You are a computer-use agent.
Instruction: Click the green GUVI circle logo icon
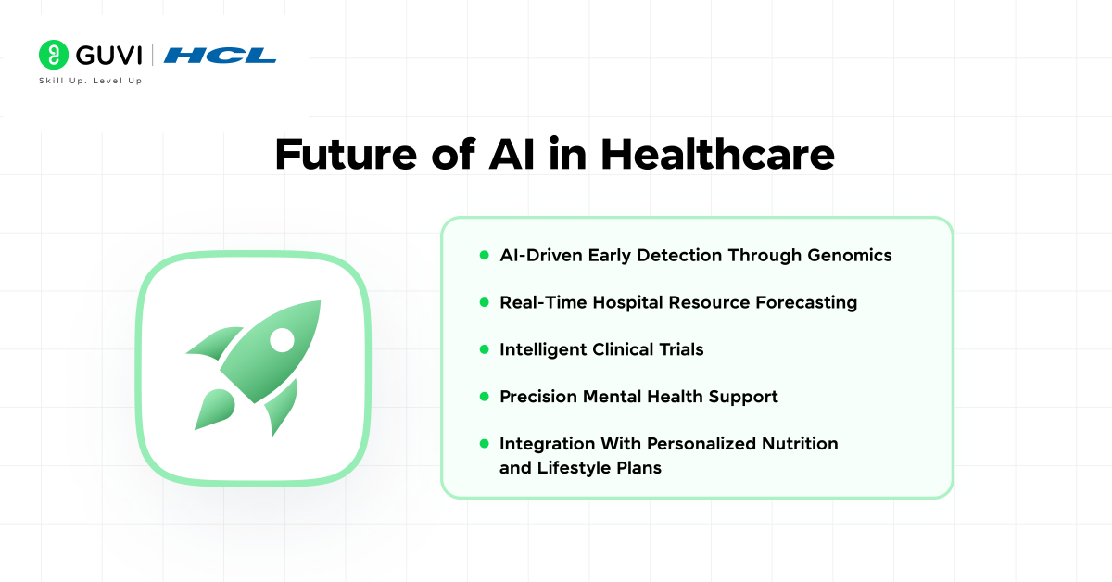[x=54, y=55]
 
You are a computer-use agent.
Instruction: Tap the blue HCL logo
[x=220, y=56]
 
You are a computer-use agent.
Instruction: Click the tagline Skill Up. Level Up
[x=91, y=81]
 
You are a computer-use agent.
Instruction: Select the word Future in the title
[x=346, y=155]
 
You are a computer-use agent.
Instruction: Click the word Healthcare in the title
[x=718, y=154]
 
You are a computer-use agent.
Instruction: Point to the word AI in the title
[x=512, y=154]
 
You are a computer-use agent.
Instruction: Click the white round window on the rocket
[x=282, y=340]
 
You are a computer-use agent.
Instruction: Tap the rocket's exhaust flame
[x=214, y=409]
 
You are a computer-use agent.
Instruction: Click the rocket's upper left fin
[x=214, y=342]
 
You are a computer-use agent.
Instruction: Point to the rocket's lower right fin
[x=282, y=408]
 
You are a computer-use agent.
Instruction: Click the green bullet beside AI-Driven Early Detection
[x=485, y=255]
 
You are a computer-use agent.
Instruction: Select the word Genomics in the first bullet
[x=850, y=256]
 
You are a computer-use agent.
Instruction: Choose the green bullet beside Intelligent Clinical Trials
[x=485, y=349]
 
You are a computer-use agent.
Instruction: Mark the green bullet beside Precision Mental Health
[x=485, y=397]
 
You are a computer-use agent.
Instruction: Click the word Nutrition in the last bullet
[x=800, y=444]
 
